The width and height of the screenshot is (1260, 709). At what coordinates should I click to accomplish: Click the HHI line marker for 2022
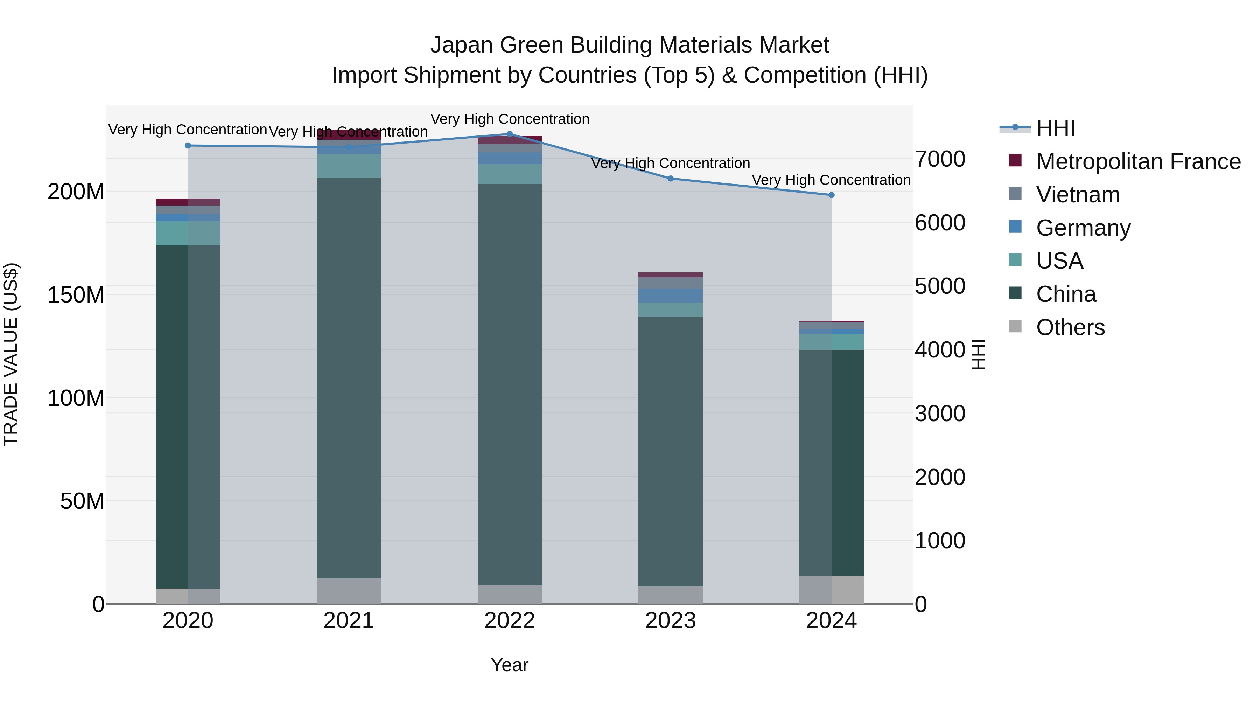pos(510,134)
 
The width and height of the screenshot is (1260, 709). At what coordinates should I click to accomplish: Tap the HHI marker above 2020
pos(188,145)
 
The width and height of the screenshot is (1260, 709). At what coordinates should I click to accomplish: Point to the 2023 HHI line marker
pos(671,179)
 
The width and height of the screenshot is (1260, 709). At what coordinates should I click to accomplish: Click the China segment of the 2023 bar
pos(671,450)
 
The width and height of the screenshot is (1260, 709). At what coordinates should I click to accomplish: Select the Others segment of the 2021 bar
pos(349,591)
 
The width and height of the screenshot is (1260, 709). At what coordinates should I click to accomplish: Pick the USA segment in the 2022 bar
pos(510,174)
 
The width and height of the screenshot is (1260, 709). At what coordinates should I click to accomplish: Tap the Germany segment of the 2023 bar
pos(671,296)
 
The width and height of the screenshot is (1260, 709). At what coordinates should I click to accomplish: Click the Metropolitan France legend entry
pos(1138,161)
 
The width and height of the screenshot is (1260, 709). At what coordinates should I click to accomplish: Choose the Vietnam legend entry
pos(1078,195)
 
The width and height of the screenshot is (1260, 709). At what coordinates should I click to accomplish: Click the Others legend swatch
pos(1015,326)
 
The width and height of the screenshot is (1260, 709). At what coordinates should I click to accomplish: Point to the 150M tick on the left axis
pos(76,295)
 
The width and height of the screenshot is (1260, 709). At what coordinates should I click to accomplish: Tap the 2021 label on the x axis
pos(349,621)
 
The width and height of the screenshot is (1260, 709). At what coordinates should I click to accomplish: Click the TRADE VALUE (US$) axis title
pos(11,355)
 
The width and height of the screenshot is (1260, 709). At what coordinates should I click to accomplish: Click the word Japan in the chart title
pos(461,45)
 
